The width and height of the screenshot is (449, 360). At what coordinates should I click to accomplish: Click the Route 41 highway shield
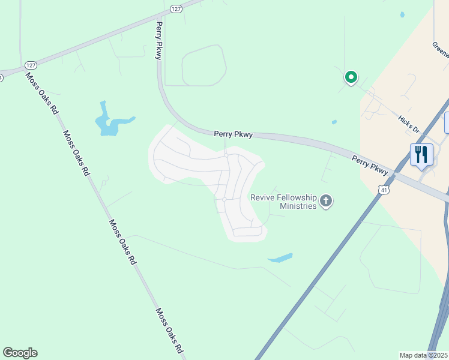pos(383,190)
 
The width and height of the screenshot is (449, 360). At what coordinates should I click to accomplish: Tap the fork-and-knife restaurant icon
pos(421,154)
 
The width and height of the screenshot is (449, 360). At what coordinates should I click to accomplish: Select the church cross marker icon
pos(326,201)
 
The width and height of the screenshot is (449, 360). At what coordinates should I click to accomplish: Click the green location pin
pos(351,78)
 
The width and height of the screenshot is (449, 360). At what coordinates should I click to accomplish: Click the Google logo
pos(20,353)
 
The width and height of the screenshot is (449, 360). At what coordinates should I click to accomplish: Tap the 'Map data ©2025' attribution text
pos(423,355)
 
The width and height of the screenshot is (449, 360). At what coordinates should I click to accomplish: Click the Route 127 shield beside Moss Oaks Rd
pos(31,65)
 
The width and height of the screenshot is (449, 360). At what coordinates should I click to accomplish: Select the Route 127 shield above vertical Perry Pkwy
pos(175,8)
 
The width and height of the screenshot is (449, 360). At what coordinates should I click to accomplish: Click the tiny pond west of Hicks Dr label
pos(334,122)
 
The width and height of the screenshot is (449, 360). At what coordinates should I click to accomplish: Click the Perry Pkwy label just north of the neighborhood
pos(233,135)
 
